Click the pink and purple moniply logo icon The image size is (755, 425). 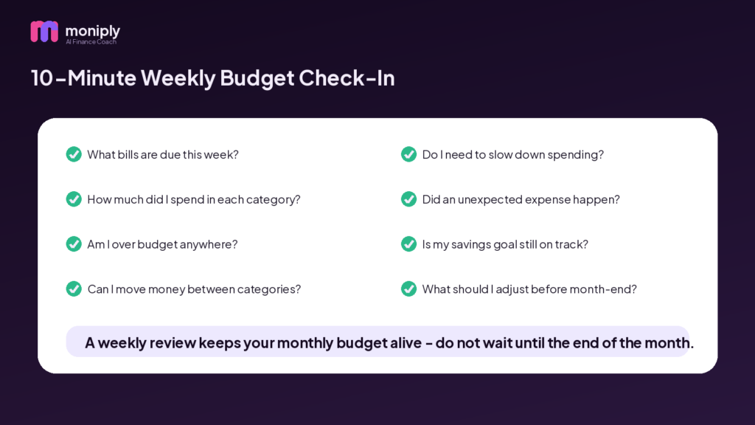[x=44, y=31]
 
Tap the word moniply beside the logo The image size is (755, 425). [x=92, y=31]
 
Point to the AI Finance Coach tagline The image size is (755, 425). [x=91, y=42]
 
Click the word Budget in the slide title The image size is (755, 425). [x=257, y=78]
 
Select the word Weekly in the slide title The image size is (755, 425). [x=178, y=78]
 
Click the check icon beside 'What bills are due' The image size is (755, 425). [x=74, y=154]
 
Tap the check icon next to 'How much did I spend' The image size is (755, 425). [x=74, y=199]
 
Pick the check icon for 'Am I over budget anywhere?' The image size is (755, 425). [x=74, y=243]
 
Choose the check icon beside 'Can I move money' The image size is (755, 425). [x=74, y=288]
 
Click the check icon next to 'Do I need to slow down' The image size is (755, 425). [x=408, y=154]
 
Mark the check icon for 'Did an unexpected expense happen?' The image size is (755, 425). [x=408, y=199]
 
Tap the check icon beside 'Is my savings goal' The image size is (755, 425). [x=408, y=243]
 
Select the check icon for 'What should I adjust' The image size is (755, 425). [x=408, y=288]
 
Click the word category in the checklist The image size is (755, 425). [x=273, y=200]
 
